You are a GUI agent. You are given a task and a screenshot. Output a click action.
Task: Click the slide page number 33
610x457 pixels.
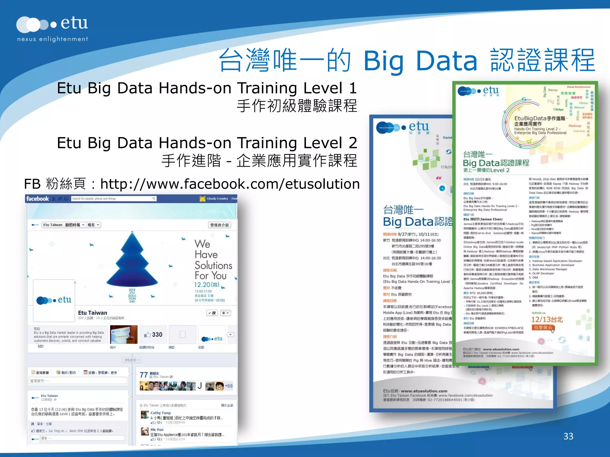568,436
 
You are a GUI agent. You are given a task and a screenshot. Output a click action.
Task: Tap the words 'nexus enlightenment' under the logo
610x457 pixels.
52,39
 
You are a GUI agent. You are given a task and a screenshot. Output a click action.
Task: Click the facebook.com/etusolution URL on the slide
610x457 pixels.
230,184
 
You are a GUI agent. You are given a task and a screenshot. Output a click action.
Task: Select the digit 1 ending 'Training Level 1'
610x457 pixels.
353,88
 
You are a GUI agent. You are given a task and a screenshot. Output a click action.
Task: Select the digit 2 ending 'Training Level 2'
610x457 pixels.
353,143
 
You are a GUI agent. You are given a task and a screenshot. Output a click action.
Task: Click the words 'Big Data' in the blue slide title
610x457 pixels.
420,61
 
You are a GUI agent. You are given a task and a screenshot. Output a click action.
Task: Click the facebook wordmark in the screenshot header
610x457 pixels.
38,199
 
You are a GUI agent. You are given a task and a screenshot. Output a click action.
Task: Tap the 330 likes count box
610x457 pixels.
153,334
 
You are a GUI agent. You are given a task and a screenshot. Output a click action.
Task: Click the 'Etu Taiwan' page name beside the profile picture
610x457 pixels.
92,313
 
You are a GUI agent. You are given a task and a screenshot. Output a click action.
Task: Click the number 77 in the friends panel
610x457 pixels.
144,375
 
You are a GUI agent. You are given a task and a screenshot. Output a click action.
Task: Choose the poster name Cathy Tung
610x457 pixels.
161,413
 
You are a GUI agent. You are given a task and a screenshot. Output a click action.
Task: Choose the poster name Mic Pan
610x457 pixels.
157,430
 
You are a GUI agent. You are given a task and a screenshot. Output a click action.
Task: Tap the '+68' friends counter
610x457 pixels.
229,386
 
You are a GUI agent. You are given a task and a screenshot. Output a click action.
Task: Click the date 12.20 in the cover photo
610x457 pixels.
203,285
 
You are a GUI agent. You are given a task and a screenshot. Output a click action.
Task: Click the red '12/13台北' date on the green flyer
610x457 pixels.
547,320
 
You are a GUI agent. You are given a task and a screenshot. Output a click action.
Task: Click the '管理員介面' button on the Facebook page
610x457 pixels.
219,225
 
